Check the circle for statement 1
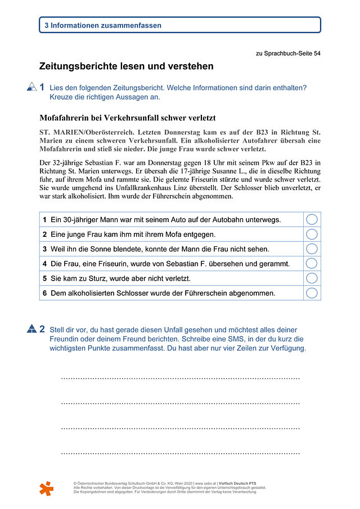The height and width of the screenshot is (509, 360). coord(312,219)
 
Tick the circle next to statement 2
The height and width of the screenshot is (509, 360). coord(312,234)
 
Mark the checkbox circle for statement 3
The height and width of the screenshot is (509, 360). coord(312,249)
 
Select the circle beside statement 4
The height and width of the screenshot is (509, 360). coord(312,263)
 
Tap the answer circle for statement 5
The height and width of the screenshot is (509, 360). coord(312,278)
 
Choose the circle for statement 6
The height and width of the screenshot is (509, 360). coord(312,292)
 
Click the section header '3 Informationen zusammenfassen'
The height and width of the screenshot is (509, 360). coord(103,25)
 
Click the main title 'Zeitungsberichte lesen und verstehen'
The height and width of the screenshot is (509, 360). coord(126,66)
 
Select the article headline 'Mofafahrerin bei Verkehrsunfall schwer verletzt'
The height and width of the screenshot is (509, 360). coord(128,118)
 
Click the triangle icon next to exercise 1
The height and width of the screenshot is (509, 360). coord(31,87)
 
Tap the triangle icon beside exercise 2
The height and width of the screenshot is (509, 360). coord(31,330)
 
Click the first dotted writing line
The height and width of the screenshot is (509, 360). coord(180,379)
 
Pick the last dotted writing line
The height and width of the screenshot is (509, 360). coord(180,453)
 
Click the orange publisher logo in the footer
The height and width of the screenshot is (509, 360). coord(47,488)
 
